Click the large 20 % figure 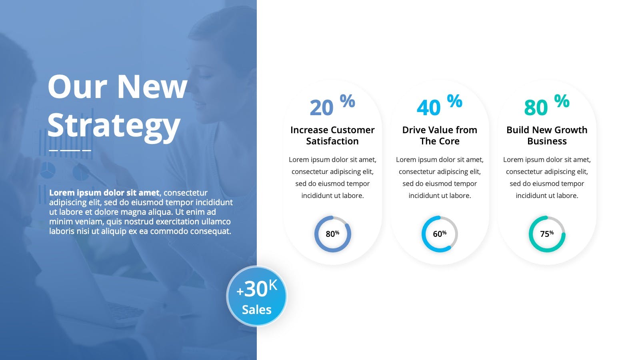(x=332, y=105)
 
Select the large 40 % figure (x=440, y=105)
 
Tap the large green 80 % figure (x=546, y=105)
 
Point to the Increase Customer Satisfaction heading (x=332, y=136)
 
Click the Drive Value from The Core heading (x=440, y=136)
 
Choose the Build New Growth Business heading (x=547, y=136)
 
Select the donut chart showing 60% (x=422, y=234)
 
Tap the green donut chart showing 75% (x=530, y=234)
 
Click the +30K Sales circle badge (x=256, y=296)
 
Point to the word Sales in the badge (x=256, y=310)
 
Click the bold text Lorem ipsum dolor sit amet (x=104, y=193)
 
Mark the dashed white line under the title (x=70, y=150)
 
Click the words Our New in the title (x=118, y=86)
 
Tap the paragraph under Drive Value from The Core (x=440, y=178)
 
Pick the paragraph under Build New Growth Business (x=547, y=178)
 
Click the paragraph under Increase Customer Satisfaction (x=332, y=178)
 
